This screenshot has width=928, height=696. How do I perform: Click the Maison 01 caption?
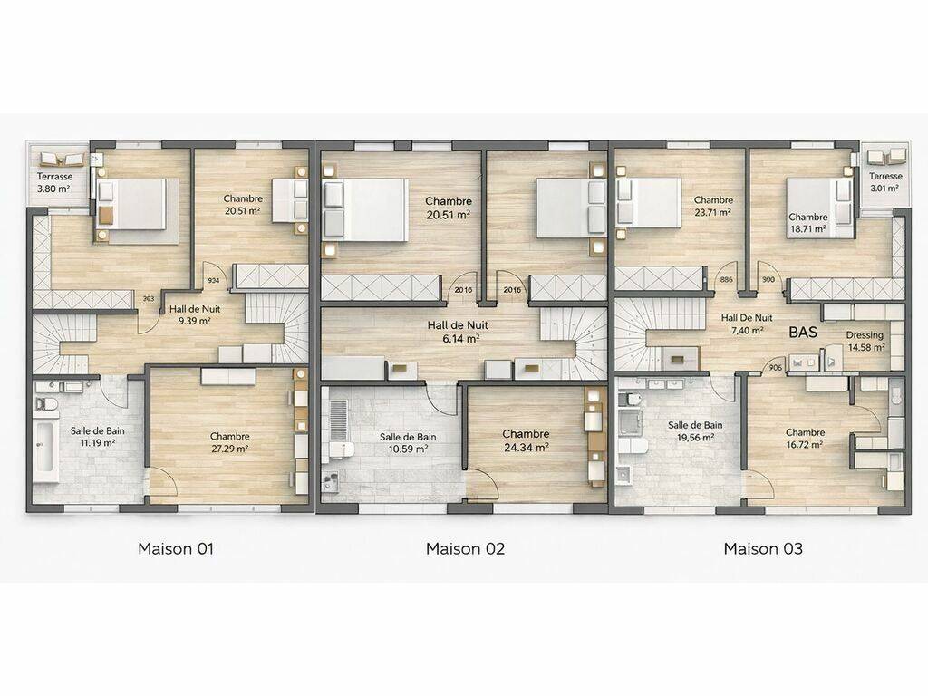coord(175,548)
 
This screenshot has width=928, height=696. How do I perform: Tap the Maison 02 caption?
coord(465,548)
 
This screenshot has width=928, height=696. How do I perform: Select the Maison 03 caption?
coord(763,548)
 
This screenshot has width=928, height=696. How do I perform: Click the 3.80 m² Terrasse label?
coord(54,183)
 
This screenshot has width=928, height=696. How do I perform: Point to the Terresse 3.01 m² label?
coord(885,181)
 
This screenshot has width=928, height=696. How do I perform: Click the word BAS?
coord(803,332)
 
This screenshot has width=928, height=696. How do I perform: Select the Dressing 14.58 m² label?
coord(865,342)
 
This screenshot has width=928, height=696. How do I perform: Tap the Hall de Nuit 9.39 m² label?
coord(195,314)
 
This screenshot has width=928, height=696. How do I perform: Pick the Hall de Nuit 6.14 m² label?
coord(458,332)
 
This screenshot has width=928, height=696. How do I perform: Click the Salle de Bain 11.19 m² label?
coord(98,436)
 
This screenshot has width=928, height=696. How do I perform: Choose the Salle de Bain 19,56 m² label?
coord(695,430)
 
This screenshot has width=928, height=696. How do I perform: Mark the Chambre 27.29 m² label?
coord(229,442)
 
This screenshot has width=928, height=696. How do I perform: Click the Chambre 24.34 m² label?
coord(526,441)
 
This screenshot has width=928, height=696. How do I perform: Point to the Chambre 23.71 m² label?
coord(713,206)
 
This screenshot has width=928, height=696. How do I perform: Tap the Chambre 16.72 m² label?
coord(805,438)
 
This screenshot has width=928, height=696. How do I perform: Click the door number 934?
coord(214,281)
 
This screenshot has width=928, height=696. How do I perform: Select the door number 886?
coord(726,280)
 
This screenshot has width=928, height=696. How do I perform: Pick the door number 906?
coord(776,368)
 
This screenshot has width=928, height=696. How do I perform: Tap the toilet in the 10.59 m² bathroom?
coord(342,449)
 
